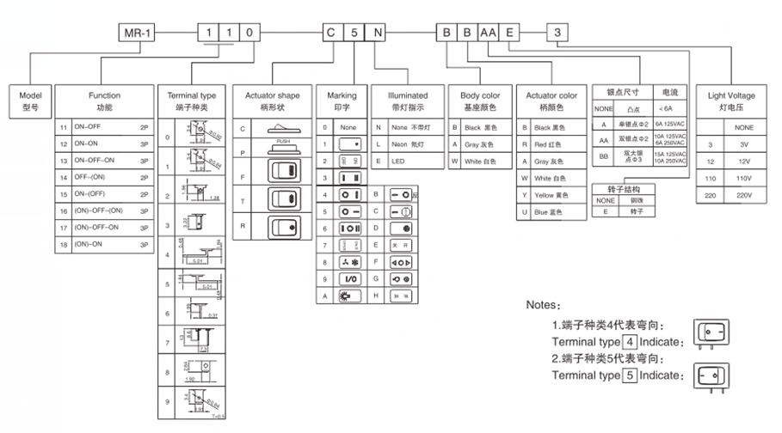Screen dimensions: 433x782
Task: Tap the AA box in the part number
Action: click(x=489, y=34)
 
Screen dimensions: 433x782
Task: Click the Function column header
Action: click(x=105, y=101)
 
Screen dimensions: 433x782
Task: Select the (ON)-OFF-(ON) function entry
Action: click(x=100, y=210)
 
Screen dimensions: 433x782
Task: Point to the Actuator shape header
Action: click(x=272, y=101)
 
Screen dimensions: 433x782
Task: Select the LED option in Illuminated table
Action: click(x=398, y=161)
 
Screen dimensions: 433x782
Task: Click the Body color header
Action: click(x=479, y=101)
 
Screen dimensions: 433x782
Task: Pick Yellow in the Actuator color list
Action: click(x=549, y=194)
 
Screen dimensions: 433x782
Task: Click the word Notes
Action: click(x=543, y=305)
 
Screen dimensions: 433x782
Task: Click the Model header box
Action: click(x=30, y=101)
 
